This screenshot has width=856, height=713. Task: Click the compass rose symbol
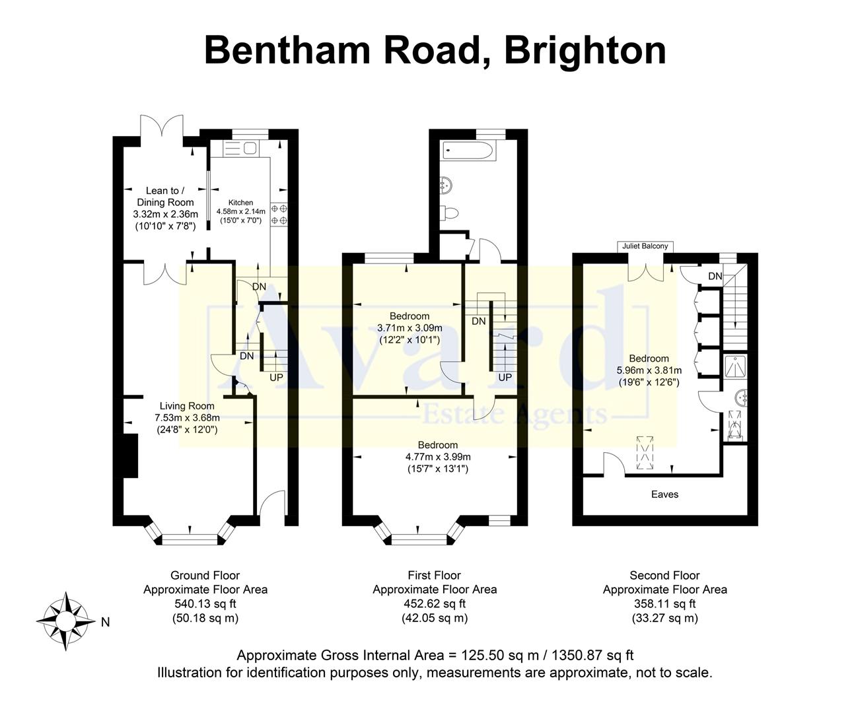(x=65, y=622)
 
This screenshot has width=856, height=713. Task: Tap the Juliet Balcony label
(x=645, y=246)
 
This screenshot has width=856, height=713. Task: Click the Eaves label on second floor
(x=664, y=494)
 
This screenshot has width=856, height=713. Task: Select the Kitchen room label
(x=240, y=203)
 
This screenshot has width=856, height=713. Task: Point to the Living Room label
(x=187, y=406)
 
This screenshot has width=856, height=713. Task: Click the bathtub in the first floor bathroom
(x=468, y=151)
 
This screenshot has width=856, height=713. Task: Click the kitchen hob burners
(x=279, y=215)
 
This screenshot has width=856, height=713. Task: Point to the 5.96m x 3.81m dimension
(x=649, y=370)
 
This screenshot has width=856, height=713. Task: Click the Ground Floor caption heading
(x=205, y=575)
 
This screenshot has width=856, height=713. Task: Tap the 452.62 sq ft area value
(x=435, y=603)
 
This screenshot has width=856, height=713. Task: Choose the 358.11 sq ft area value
(x=664, y=603)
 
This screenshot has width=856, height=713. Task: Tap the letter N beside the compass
(x=106, y=622)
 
